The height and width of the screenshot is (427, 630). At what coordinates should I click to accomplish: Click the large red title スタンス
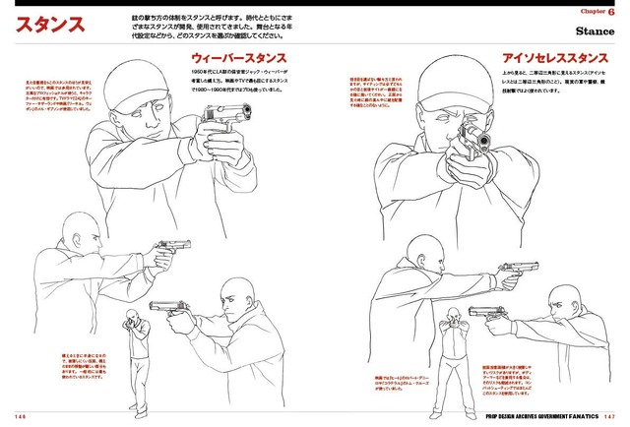(x=62, y=26)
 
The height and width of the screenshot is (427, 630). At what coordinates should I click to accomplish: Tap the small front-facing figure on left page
(x=133, y=344)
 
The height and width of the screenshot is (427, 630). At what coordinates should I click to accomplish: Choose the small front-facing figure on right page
(x=452, y=339)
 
